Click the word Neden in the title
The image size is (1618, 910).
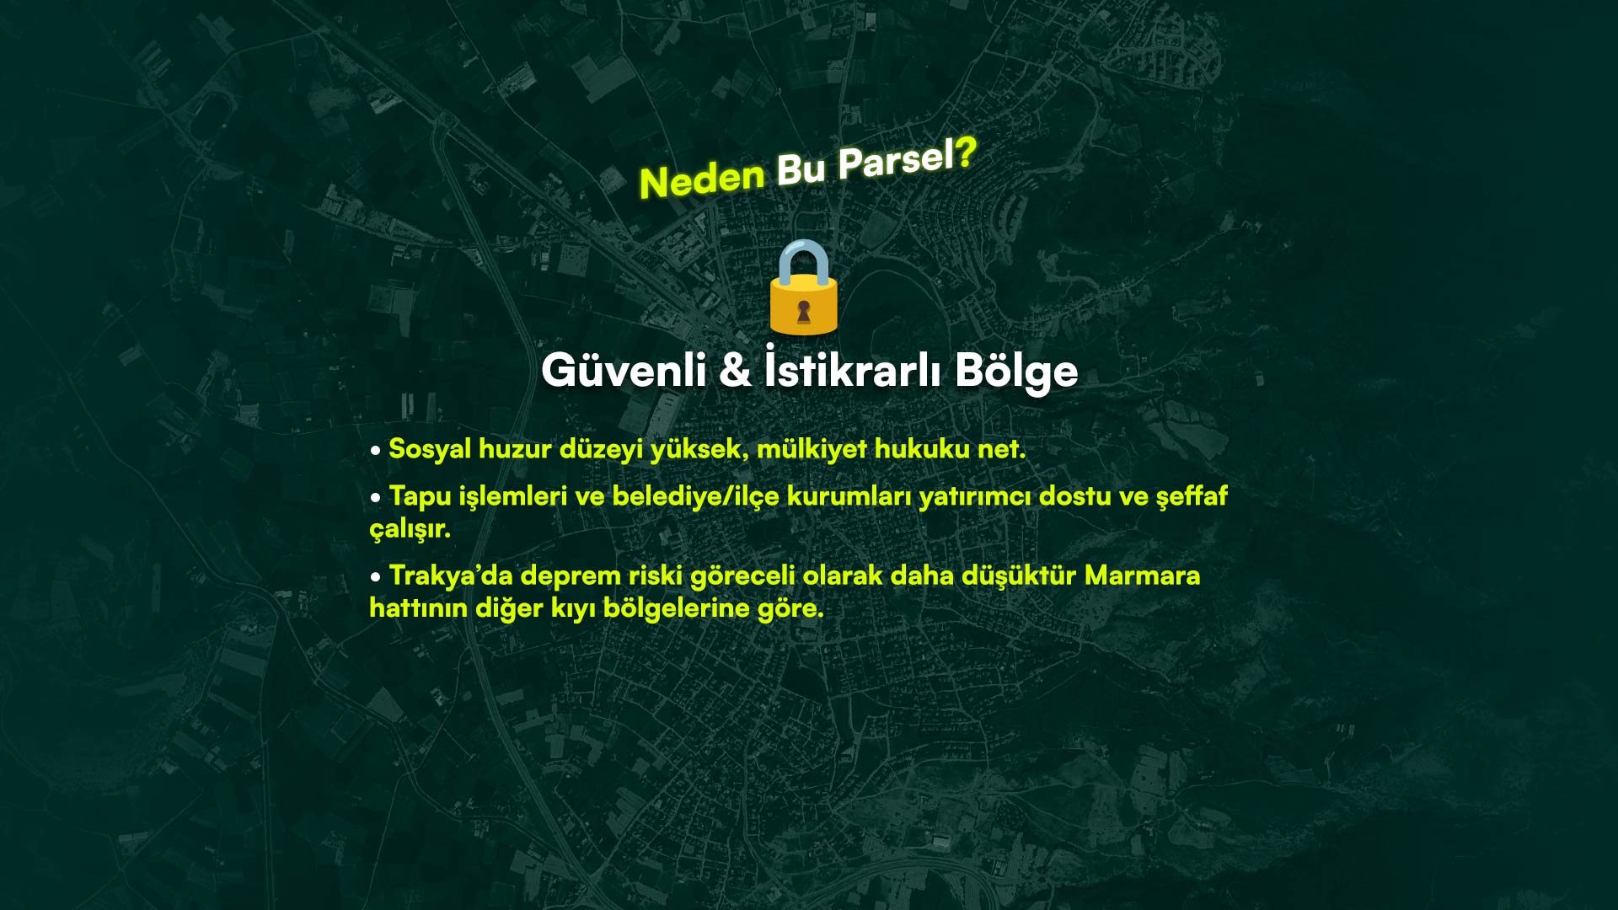(701, 179)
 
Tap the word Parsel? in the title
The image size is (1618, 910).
(908, 158)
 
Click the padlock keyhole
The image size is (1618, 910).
(803, 312)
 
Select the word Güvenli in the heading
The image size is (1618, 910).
(624, 370)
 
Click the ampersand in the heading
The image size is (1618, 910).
(735, 370)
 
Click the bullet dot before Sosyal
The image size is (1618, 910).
(376, 451)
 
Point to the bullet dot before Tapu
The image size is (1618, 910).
(376, 498)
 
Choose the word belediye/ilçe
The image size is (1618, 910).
(695, 496)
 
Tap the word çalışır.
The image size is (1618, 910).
(410, 529)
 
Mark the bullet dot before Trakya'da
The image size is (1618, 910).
(376, 578)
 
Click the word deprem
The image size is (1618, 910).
(571, 576)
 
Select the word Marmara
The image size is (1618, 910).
(1142, 575)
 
